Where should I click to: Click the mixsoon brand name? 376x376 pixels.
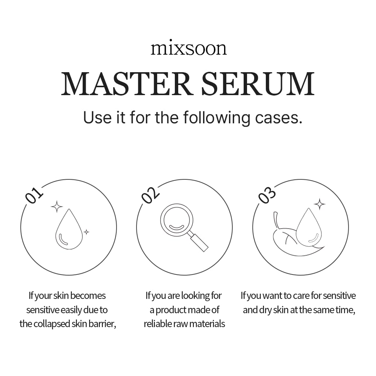coord(189,49)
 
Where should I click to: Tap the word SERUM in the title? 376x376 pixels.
coord(258,83)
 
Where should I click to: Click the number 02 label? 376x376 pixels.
coord(150,195)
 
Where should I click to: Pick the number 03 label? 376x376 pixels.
coord(267,195)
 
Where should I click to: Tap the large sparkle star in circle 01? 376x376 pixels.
coord(57,206)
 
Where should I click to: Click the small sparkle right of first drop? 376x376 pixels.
coord(86,232)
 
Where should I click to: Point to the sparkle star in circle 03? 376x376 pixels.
coord(320,204)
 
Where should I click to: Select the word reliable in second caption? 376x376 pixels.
coord(157,324)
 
